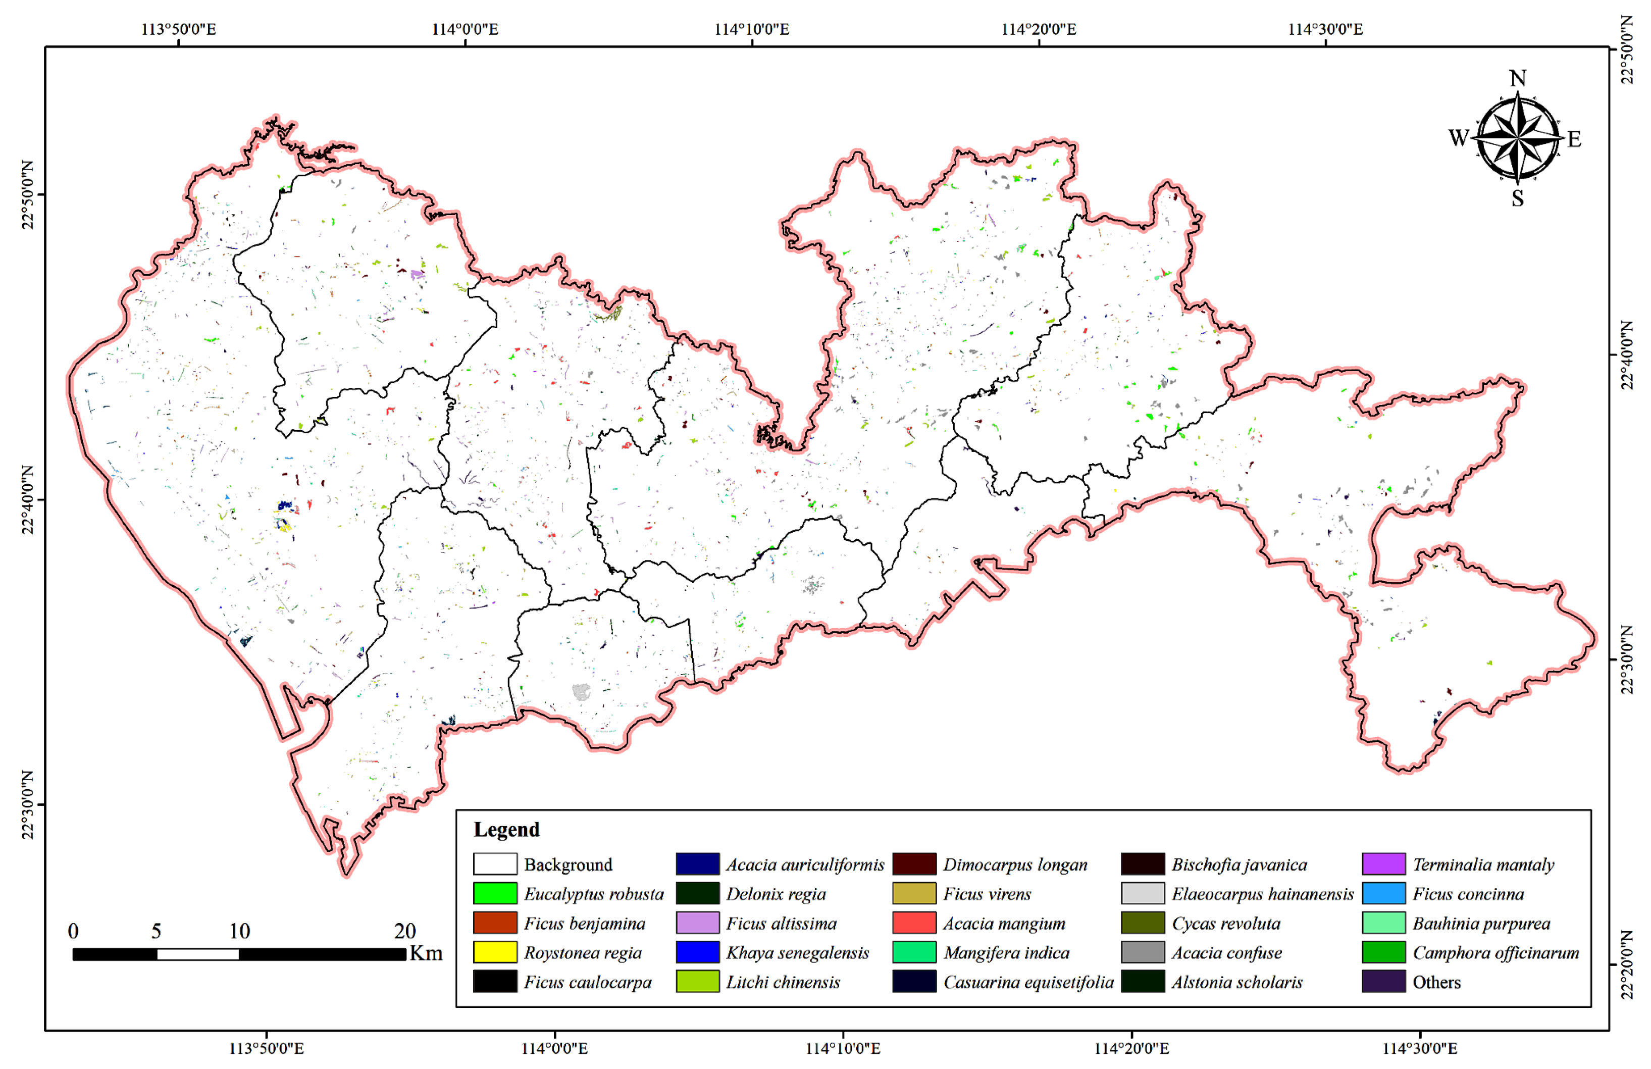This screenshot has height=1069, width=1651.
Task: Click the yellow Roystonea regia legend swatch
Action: pyautogui.click(x=495, y=952)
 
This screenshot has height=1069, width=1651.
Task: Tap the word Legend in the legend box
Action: pyautogui.click(x=506, y=830)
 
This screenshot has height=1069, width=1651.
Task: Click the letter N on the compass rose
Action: pyautogui.click(x=1517, y=78)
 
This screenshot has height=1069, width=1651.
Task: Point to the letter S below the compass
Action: pyautogui.click(x=1517, y=198)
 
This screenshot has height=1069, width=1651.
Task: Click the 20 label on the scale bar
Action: pyautogui.click(x=404, y=931)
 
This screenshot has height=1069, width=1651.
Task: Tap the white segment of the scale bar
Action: pyautogui.click(x=198, y=954)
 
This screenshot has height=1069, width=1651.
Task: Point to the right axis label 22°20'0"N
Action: pyautogui.click(x=1627, y=964)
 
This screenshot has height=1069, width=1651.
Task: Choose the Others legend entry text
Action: pyautogui.click(x=1436, y=982)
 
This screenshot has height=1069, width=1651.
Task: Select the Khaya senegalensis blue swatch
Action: pyautogui.click(x=697, y=952)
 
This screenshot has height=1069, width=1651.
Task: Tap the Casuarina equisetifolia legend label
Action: pyautogui.click(x=1028, y=982)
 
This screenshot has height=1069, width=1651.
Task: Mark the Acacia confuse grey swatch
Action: pyautogui.click(x=1142, y=952)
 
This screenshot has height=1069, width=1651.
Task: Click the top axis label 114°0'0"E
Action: pyautogui.click(x=465, y=29)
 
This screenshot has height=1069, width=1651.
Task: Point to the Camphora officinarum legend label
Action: pyautogui.click(x=1495, y=952)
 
